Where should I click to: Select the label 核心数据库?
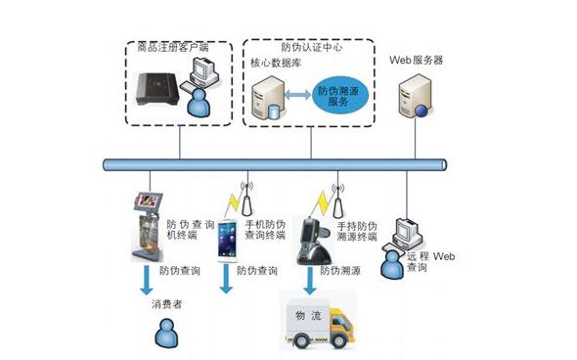point(275,63)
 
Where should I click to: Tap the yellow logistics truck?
point(323,324)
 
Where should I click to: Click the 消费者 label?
point(166,304)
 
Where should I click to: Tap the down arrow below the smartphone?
point(226,279)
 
